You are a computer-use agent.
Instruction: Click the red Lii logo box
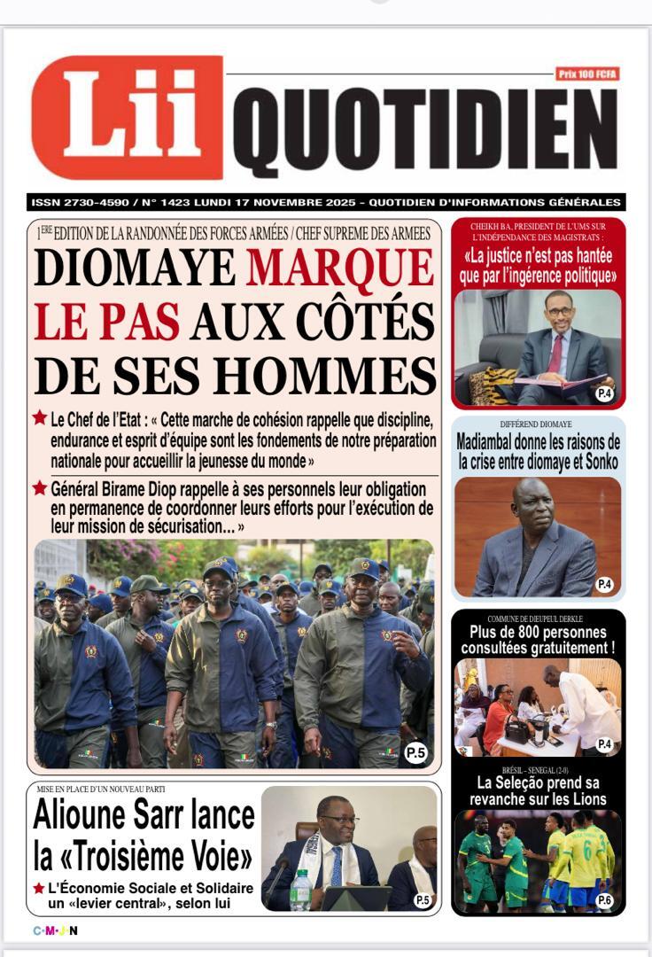(x=127, y=117)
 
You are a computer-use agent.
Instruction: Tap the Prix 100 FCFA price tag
(x=586, y=74)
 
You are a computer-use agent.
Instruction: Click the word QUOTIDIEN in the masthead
(x=424, y=133)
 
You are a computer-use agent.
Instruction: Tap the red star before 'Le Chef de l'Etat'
(x=40, y=417)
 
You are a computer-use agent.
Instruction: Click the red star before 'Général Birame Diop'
(x=40, y=488)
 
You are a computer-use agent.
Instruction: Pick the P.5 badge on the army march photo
(x=415, y=753)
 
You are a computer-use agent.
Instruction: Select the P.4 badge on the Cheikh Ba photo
(x=604, y=393)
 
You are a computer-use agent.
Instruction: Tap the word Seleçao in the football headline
(x=532, y=782)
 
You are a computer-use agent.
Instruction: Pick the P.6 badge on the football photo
(x=604, y=900)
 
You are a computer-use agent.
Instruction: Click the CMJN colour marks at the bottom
(x=56, y=930)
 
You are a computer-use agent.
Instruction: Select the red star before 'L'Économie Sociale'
(x=39, y=888)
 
